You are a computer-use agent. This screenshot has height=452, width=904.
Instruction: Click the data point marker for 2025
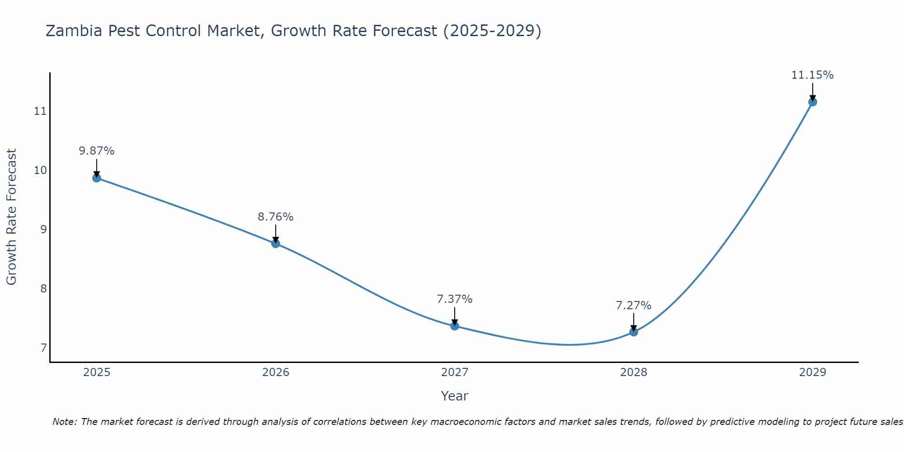[97, 178]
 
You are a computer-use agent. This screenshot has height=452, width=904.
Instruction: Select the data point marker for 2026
[276, 244]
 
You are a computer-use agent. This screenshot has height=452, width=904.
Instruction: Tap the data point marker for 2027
[455, 326]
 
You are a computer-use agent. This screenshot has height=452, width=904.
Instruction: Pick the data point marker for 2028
[634, 332]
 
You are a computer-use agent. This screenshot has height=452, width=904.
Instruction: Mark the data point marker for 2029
[812, 102]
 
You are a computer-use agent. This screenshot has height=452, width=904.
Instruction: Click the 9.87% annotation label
[97, 151]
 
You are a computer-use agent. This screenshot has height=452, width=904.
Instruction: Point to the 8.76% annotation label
[276, 217]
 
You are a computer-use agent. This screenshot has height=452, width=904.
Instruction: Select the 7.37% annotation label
[455, 299]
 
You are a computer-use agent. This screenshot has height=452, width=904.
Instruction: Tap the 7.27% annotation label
[634, 306]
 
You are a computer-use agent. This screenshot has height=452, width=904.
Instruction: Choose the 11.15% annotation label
[812, 75]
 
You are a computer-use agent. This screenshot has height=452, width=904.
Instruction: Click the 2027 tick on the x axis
[455, 372]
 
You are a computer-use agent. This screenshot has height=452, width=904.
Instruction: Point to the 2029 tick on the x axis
[812, 372]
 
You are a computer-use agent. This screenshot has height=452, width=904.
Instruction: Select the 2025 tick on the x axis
[97, 372]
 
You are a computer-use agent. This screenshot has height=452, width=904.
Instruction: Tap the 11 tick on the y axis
[41, 111]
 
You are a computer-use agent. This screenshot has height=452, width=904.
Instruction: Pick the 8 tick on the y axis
[43, 288]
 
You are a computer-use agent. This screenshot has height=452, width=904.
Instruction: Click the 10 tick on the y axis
[41, 170]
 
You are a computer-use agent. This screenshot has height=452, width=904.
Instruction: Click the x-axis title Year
[455, 396]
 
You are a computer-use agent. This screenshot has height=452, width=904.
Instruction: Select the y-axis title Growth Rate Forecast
[12, 217]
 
